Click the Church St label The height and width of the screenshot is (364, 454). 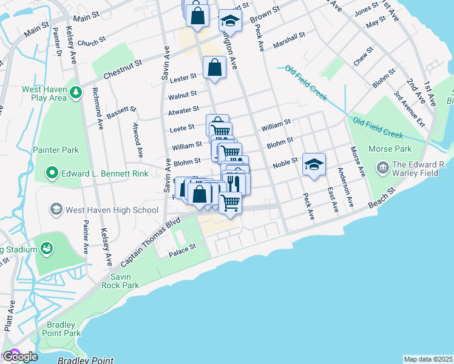92,43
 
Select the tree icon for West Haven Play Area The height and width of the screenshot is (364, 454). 76,93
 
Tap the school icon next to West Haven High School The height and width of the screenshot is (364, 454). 56,210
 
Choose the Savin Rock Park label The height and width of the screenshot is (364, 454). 121,281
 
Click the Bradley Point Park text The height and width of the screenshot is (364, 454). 64,329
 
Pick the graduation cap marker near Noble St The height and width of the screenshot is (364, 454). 314,164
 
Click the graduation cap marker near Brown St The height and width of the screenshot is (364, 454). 230,20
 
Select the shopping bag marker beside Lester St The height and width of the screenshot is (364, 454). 215,67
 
